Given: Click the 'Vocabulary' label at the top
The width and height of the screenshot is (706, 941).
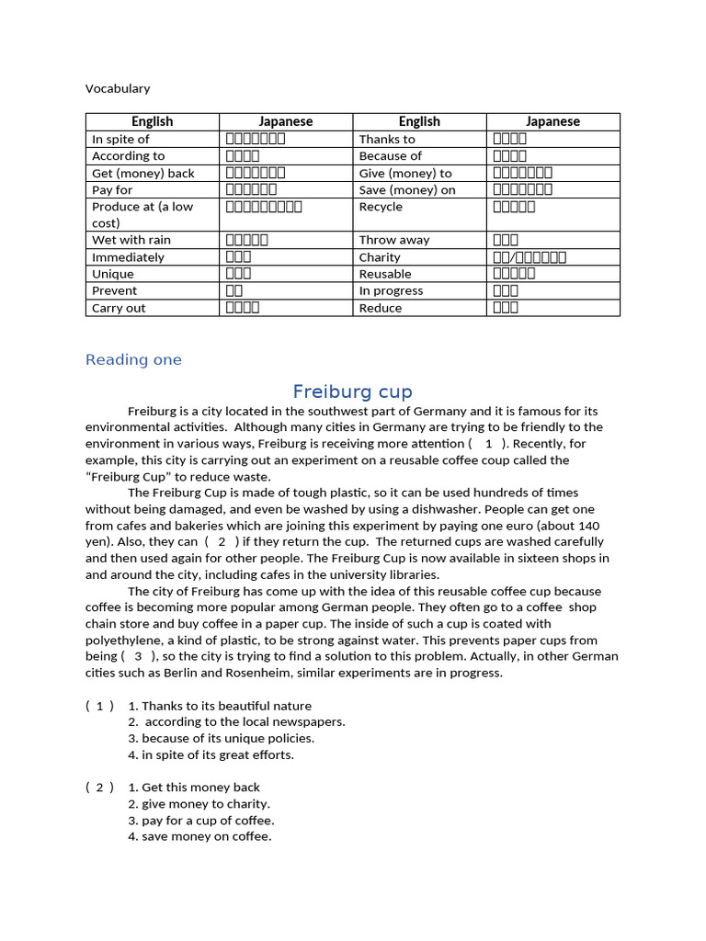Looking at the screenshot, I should coord(118,88).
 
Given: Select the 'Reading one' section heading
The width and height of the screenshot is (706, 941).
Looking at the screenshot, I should coord(133,359).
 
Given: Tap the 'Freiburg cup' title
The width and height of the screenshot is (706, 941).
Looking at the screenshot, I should coord(352,391).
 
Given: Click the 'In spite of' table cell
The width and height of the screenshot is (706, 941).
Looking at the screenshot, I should coord(120,139).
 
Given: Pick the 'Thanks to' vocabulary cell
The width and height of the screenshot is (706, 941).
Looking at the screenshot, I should coord(387,139).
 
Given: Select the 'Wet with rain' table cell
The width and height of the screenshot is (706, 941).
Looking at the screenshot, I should coord(131,240).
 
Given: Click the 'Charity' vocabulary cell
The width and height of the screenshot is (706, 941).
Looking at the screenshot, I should coord(380,257).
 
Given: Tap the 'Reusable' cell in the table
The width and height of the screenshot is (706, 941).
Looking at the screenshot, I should coord(385,274).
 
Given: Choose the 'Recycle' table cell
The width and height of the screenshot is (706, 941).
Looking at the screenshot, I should coord(381,207).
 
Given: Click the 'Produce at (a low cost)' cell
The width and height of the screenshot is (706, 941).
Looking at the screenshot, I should coord(142,215).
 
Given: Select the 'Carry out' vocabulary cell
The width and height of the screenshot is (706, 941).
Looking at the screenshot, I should coord(119,308).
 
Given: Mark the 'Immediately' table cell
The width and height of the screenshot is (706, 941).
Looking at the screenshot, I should coord(129,257).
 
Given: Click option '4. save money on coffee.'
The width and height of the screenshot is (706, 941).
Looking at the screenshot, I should coord(199,836).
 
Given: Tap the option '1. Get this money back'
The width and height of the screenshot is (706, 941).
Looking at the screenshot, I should coord(194,787).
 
